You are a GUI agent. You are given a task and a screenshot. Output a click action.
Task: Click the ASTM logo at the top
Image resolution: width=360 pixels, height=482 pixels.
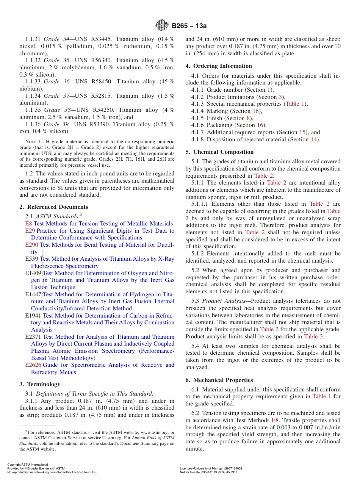[162, 26]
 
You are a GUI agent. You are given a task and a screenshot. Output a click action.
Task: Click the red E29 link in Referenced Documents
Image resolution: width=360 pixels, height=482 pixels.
[30, 231]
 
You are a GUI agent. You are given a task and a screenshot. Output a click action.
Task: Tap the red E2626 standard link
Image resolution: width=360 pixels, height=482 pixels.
[33, 365]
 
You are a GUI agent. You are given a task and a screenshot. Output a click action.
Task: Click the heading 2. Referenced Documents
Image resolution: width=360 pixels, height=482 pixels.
[54, 207]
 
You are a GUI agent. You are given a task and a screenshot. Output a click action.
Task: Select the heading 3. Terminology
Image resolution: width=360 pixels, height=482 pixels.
[41, 384]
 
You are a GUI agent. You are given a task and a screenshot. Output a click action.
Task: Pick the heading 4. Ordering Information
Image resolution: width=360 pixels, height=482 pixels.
[219, 66]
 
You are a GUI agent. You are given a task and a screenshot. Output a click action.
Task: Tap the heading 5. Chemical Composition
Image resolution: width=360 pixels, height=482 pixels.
[219, 152]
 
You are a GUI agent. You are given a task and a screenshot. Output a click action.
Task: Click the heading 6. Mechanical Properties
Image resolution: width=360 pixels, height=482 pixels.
[219, 380]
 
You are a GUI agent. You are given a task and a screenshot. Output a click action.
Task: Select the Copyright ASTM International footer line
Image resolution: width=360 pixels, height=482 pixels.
[28, 465]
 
